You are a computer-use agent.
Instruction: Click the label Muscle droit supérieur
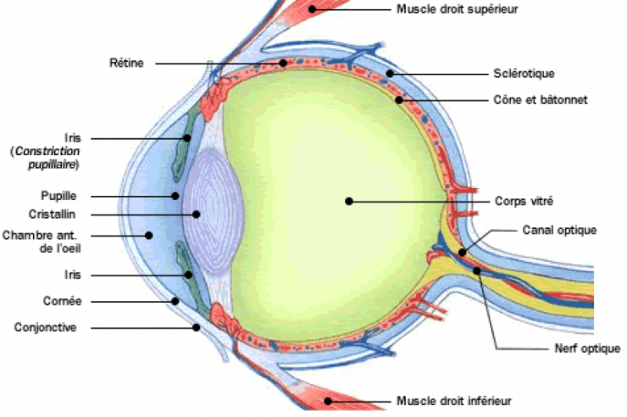point(457,9)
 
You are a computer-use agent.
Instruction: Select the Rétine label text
point(127,63)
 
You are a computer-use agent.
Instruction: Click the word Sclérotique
point(522,73)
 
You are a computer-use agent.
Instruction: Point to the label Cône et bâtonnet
point(541,100)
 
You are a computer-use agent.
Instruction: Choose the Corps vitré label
point(524,202)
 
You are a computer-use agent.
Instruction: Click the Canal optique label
point(560,230)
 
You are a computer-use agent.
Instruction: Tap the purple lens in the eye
point(217,215)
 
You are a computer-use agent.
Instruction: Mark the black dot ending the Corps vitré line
point(348,202)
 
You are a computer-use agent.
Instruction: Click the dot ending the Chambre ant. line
point(149,235)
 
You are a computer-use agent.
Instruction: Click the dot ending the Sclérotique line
point(390,73)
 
